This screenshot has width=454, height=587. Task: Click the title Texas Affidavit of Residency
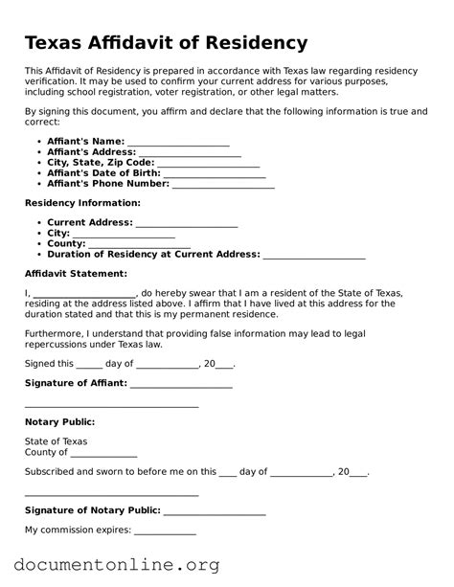(x=166, y=43)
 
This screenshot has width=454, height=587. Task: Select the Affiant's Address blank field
(x=190, y=153)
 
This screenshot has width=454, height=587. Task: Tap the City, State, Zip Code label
(x=101, y=163)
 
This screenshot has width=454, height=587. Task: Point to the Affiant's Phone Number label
(x=108, y=184)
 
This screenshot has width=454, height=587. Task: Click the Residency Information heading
(x=82, y=203)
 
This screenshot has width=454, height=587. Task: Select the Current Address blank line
(x=187, y=223)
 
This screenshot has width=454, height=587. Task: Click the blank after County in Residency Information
(x=140, y=245)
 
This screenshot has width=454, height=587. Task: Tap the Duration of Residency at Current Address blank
(x=314, y=256)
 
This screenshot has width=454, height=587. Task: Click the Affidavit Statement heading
(x=79, y=274)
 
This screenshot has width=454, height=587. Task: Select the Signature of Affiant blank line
(x=181, y=384)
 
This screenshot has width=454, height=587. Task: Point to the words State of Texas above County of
(x=56, y=441)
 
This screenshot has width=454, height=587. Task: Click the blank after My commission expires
(x=165, y=531)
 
